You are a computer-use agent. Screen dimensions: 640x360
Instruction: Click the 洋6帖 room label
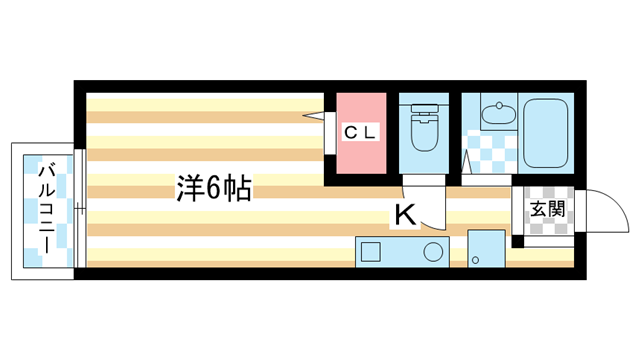tap(213, 187)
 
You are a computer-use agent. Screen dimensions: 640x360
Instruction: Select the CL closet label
tap(360, 132)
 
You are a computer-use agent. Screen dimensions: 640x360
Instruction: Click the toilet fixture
tap(424, 135)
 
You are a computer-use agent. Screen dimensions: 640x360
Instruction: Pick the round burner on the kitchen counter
tap(434, 251)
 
